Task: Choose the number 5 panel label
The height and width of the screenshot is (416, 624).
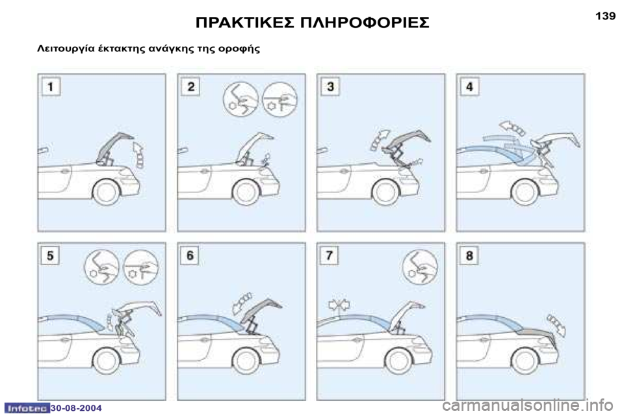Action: point(50,255)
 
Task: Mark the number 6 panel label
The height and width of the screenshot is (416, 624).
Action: point(190,255)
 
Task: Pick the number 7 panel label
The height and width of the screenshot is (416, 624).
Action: point(330,255)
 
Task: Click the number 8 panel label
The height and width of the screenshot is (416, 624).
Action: point(469,255)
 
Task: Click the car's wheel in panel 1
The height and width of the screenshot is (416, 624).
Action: point(106,192)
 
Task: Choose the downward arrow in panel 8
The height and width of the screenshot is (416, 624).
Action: point(556,325)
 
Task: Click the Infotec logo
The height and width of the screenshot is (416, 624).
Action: point(26,408)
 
